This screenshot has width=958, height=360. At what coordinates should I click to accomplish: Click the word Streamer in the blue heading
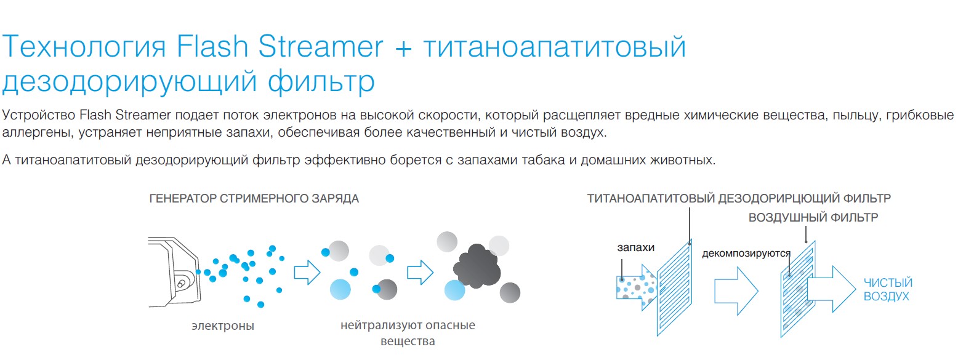(x=320, y=46)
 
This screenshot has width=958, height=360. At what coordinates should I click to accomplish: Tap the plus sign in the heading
(x=403, y=49)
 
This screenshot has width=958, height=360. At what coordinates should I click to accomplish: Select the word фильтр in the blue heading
(x=321, y=81)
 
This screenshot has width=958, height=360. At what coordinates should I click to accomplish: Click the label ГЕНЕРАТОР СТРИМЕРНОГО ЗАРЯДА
(x=254, y=198)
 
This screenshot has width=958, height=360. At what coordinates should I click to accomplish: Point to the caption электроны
(x=223, y=326)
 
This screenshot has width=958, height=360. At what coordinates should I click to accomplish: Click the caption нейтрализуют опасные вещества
(x=408, y=333)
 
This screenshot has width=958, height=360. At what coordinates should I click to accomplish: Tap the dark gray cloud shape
(x=477, y=265)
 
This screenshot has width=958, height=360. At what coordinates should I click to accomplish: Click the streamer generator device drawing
(x=174, y=272)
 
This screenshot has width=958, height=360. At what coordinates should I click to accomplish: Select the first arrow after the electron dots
(x=307, y=272)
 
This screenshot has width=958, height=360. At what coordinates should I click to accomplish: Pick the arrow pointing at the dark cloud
(x=420, y=272)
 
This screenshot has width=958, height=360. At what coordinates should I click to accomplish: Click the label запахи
(x=635, y=247)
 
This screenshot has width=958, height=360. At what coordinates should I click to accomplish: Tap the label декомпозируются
(x=746, y=253)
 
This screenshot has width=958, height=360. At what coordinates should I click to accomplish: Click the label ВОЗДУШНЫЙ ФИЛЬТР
(x=813, y=217)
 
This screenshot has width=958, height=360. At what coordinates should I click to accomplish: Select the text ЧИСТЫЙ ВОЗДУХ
(x=888, y=289)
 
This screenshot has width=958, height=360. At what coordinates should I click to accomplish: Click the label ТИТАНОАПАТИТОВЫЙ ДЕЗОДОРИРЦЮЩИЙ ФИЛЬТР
(x=739, y=198)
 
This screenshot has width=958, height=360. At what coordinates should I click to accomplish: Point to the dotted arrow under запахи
(x=637, y=287)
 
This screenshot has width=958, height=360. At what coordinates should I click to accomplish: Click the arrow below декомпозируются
(x=736, y=290)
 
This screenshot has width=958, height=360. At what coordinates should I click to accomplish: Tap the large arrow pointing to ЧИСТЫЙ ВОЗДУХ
(x=832, y=289)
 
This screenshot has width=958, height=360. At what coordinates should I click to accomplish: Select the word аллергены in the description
(x=38, y=132)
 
